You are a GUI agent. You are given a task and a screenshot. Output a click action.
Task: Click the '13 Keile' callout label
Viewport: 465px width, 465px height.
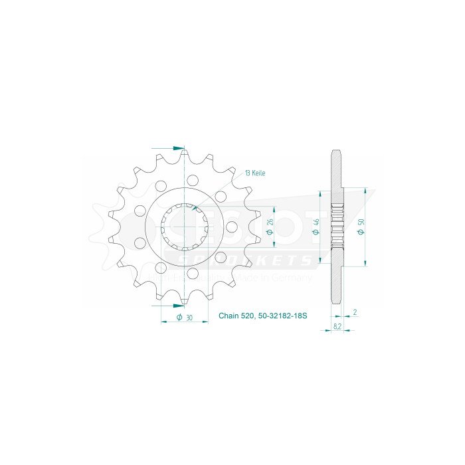(255, 173)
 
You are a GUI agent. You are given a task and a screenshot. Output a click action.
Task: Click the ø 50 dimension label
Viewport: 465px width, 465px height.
(359, 228)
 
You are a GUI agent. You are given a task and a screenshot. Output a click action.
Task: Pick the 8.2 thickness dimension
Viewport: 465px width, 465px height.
(337, 327)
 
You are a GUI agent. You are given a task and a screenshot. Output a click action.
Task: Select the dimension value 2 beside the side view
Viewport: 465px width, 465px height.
(355, 312)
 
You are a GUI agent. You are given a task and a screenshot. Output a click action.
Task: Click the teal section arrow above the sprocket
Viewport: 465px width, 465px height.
(177, 147)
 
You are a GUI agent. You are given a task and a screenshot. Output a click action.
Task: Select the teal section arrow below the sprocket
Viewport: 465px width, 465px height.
(177, 306)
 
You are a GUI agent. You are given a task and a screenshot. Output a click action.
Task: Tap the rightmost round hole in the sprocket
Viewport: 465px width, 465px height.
(231, 227)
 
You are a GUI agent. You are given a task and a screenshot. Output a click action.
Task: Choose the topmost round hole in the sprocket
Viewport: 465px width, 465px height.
(193, 180)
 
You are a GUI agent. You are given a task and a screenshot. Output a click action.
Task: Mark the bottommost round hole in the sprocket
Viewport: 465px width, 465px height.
(193, 274)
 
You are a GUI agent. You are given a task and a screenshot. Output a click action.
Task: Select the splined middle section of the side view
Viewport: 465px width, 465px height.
(337, 227)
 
